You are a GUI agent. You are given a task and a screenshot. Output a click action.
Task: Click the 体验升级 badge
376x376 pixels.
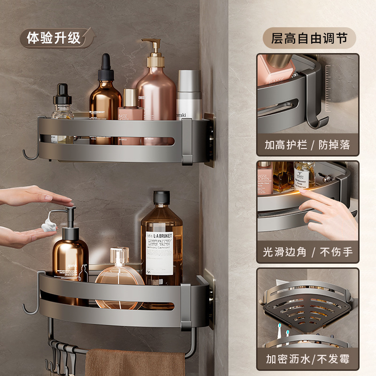(54, 38)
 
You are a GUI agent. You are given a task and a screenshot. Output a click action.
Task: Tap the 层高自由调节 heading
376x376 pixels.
(309, 38)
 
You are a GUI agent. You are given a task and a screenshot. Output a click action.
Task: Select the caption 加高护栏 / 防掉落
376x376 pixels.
(307, 145)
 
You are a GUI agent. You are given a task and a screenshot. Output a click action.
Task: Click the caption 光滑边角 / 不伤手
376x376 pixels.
(307, 252)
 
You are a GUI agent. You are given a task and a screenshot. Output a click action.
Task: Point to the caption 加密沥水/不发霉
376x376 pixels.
(307, 360)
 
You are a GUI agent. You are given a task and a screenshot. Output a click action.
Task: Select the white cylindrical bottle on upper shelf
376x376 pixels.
(189, 94)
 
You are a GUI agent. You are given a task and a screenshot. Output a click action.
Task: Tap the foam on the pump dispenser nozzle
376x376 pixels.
(48, 227)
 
